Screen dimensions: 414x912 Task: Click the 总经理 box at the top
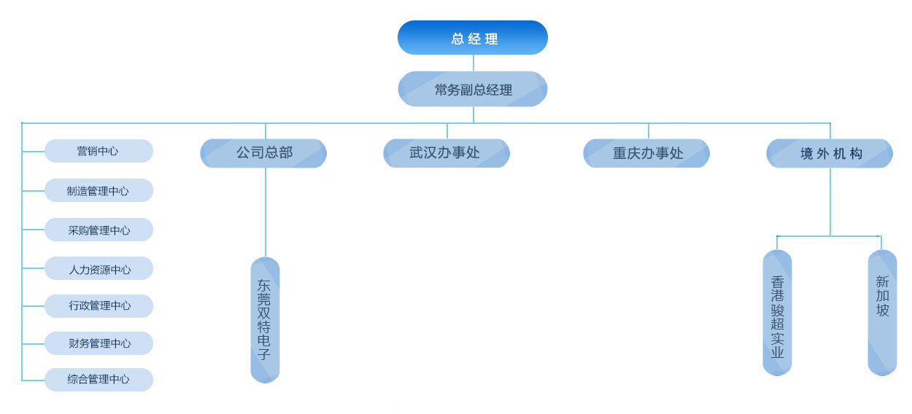click(473, 38)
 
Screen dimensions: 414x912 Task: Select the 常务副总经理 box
click(473, 90)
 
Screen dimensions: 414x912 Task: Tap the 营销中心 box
click(98, 152)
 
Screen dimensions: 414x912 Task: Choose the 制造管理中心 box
click(98, 191)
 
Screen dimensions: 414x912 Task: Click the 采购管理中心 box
click(98, 230)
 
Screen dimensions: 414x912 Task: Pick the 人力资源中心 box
click(98, 269)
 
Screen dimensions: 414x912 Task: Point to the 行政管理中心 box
click(98, 306)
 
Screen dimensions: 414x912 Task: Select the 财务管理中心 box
click(98, 343)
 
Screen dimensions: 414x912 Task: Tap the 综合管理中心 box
click(98, 380)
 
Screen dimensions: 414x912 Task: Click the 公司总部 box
click(263, 153)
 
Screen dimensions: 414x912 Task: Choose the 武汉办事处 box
click(446, 153)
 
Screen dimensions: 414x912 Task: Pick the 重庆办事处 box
click(646, 153)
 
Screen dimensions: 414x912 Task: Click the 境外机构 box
click(830, 153)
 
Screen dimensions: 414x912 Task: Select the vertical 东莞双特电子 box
click(265, 320)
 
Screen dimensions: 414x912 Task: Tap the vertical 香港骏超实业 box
click(778, 313)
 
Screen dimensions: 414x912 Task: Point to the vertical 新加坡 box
click(882, 313)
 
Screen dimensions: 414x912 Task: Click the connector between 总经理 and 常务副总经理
click(474, 63)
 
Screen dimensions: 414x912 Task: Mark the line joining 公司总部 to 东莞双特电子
click(266, 211)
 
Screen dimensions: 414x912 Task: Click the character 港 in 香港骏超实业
click(778, 296)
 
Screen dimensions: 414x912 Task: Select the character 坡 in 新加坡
click(883, 310)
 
